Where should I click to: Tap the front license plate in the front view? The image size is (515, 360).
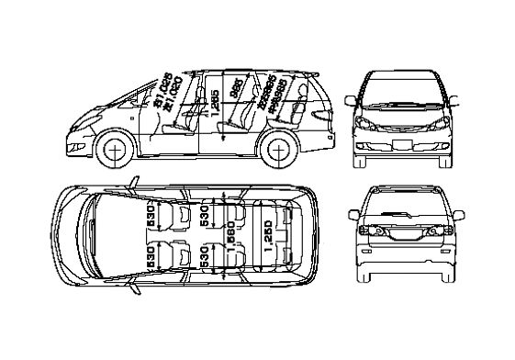point(400,146)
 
